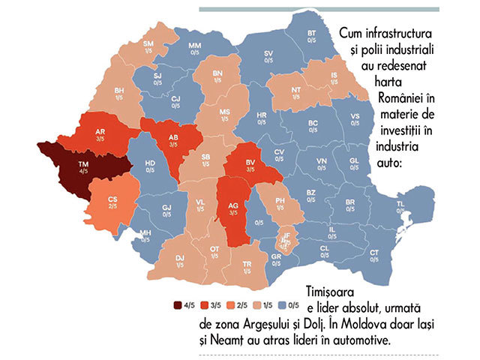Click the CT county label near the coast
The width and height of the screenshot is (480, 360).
coord(373,253)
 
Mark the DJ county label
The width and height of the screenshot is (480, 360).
coord(180,260)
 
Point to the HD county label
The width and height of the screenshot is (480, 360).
coord(150,166)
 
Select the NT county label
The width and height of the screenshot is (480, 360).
coord(296,92)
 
